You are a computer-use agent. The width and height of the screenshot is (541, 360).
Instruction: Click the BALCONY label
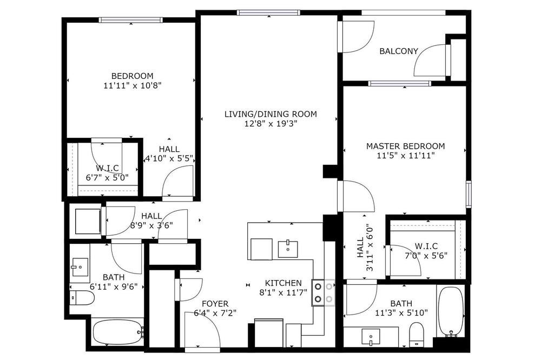(x=399, y=51)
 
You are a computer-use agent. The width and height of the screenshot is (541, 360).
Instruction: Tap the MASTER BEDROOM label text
(x=405, y=146)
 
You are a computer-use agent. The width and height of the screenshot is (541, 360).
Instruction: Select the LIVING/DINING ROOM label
(x=270, y=114)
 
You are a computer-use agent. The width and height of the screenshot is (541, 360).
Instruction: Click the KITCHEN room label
(x=283, y=283)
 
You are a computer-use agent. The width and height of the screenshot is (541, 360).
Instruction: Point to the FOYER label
(x=215, y=304)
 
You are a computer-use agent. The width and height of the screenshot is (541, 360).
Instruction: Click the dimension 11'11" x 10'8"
(x=133, y=85)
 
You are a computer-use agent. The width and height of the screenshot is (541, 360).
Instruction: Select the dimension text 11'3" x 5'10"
(x=401, y=313)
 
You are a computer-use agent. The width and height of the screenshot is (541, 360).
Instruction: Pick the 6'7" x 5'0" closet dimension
(x=107, y=178)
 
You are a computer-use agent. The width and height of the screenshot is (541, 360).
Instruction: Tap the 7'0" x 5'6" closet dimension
(x=426, y=256)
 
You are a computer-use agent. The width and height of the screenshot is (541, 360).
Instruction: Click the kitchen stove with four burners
(x=324, y=293)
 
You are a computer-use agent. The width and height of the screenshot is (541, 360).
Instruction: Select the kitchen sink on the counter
(x=288, y=249)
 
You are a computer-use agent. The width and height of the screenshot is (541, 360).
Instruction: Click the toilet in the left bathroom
(x=82, y=298)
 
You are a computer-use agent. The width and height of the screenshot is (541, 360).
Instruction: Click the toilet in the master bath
(x=416, y=334)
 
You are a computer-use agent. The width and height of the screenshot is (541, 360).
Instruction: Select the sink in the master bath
(x=371, y=337)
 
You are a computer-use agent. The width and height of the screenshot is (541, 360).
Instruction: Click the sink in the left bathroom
(x=80, y=267)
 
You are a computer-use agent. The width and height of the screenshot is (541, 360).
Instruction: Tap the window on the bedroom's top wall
(x=131, y=20)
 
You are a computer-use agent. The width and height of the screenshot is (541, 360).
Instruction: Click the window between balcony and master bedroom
(x=400, y=83)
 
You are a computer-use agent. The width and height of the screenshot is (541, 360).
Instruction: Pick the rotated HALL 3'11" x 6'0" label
(x=365, y=248)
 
